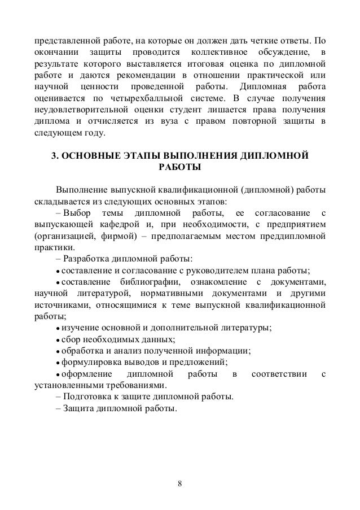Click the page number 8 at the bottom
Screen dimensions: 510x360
(179, 484)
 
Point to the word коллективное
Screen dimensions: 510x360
(226, 54)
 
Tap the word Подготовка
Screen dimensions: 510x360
(87, 396)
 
